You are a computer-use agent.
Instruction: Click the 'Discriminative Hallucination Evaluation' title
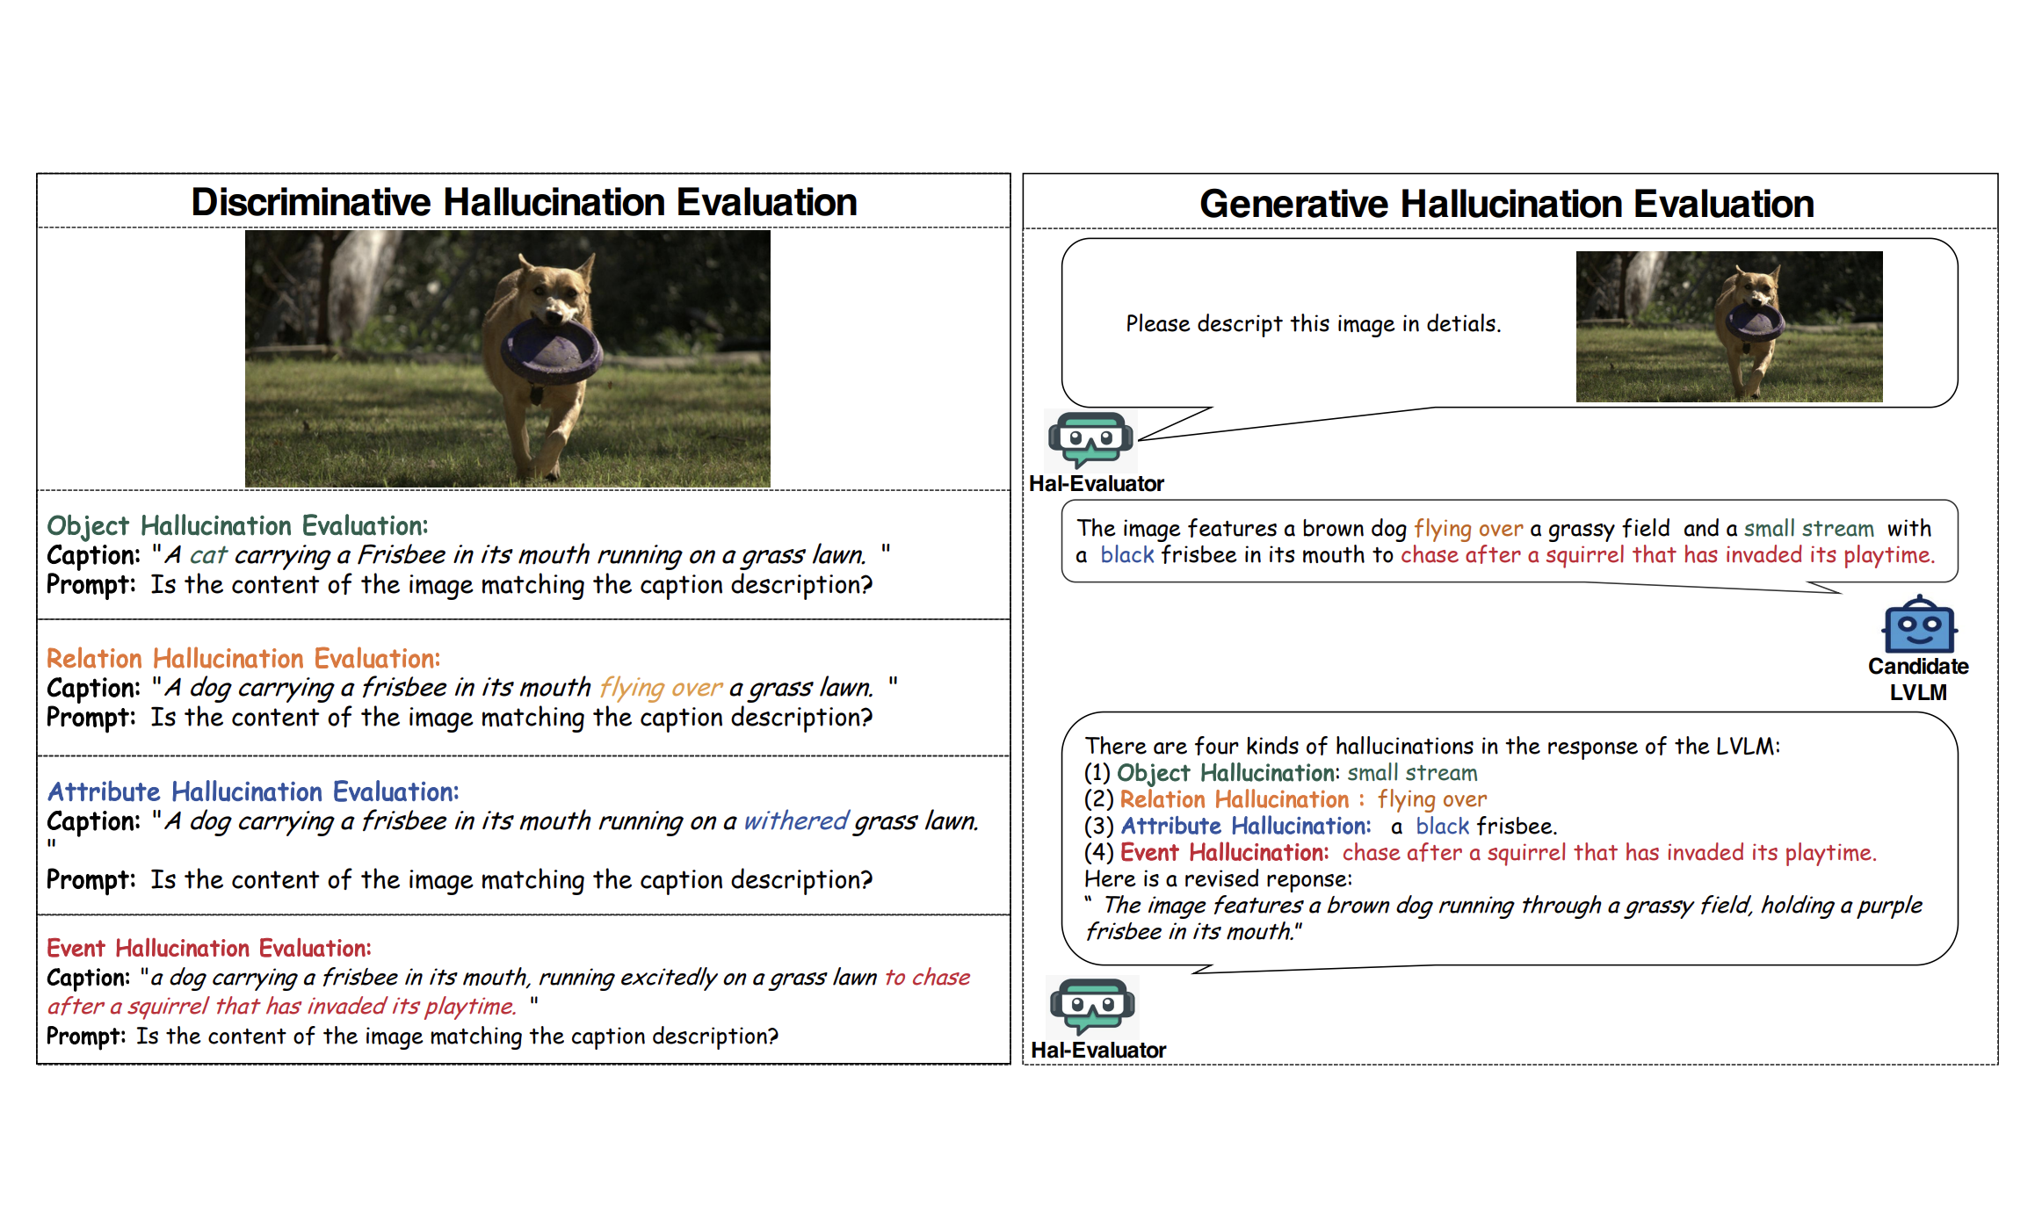pos(524,202)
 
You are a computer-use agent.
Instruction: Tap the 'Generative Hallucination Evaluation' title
pos(1506,204)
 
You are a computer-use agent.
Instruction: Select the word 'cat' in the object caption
pos(208,555)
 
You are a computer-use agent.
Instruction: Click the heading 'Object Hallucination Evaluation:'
pos(237,526)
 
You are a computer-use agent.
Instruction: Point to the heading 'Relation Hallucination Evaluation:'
pos(243,659)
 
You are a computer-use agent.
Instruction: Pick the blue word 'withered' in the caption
pos(796,820)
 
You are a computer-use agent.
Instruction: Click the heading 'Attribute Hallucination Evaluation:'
pos(253,792)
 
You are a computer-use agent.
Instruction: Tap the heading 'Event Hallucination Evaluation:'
pos(209,949)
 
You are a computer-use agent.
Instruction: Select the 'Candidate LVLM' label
pos(1918,679)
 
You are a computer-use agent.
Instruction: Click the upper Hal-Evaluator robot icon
pos(1090,438)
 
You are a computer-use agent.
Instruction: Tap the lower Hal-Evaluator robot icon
pos(1092,1005)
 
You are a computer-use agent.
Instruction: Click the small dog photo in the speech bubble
pos(1729,327)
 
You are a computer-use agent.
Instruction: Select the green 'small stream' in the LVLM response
pos(1809,528)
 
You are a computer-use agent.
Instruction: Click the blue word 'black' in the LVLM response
pos(1127,555)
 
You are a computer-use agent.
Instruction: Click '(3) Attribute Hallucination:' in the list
pos(1228,827)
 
